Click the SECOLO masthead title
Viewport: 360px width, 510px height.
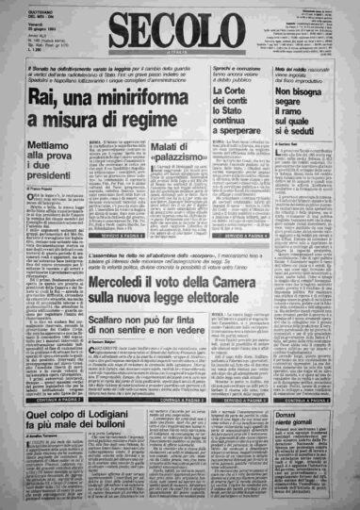point(179,29)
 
